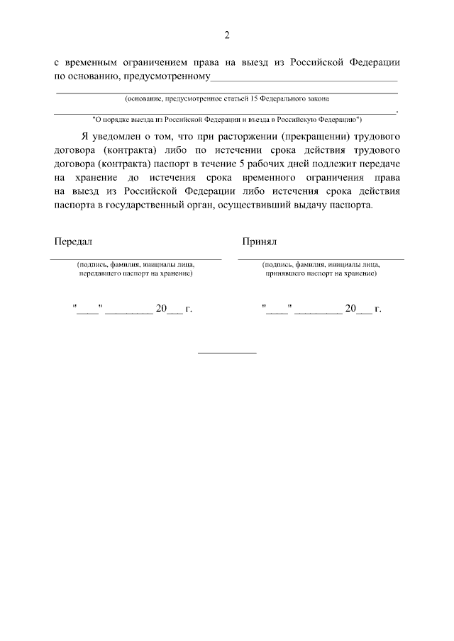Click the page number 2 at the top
point(227,35)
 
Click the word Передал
point(74,242)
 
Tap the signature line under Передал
point(135,259)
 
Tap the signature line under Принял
point(321,259)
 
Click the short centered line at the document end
point(227,352)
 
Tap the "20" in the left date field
point(161,309)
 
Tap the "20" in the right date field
point(350,309)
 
